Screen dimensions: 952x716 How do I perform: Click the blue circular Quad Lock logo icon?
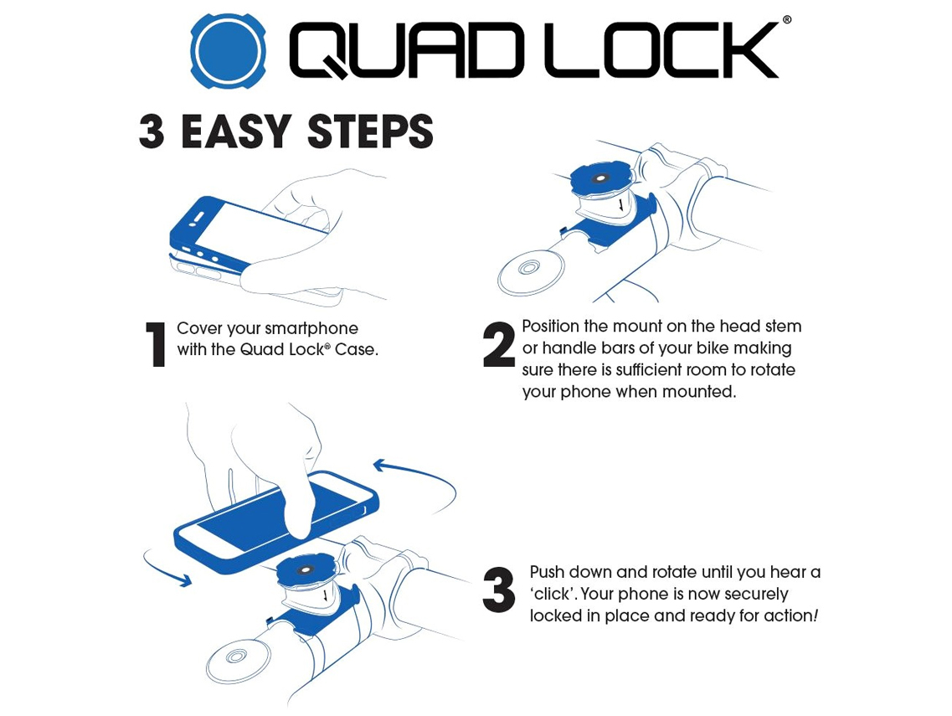click(229, 50)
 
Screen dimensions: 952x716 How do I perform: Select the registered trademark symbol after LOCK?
click(787, 20)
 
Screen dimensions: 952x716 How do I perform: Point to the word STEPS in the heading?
click(370, 131)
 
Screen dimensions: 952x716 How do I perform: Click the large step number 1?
click(157, 344)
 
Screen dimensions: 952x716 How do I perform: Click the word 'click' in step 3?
click(552, 594)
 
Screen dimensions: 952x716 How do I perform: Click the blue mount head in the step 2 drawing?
click(602, 180)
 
